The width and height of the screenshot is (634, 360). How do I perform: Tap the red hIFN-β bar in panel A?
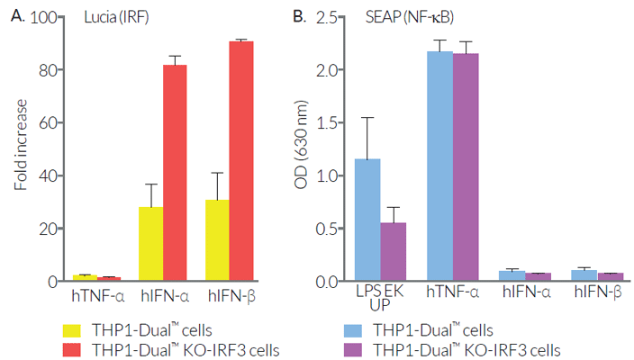241,161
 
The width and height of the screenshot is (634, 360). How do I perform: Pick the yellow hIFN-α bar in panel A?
150,244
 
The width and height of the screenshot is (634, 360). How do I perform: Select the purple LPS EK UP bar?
394,252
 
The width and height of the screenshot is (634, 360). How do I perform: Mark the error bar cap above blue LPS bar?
367,117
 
